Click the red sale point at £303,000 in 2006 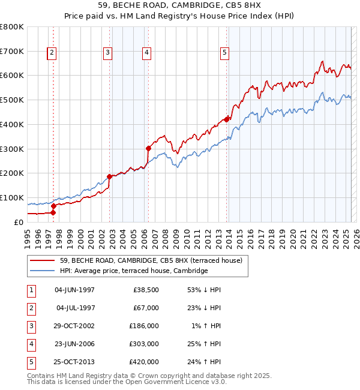coord(148,148)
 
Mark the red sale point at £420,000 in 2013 coord(227,119)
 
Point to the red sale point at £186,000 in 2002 coord(110,176)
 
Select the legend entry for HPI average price coord(133,271)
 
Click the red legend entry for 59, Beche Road coord(151,260)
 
